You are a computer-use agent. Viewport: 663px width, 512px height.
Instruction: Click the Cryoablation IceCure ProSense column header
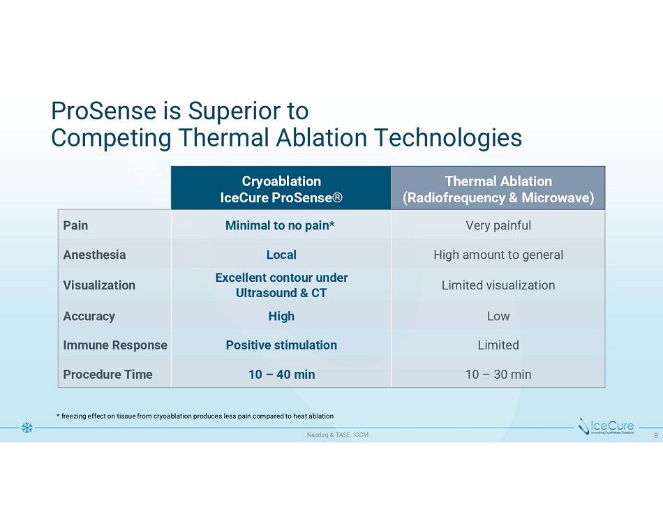coord(281,189)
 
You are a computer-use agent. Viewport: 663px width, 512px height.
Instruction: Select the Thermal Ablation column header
coord(498,189)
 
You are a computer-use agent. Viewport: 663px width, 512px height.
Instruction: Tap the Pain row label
coord(75,225)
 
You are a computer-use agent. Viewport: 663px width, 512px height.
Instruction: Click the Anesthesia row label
coord(94,255)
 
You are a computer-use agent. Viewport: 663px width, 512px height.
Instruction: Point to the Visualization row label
coord(99,285)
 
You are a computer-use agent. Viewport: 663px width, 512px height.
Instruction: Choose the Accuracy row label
coord(89,316)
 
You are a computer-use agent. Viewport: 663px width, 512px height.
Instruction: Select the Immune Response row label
coord(115,345)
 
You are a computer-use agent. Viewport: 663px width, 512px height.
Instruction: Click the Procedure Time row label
coord(107,374)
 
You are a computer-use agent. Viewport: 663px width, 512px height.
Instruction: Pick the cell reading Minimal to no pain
coord(280,225)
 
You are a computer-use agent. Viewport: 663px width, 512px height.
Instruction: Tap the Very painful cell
coord(498,225)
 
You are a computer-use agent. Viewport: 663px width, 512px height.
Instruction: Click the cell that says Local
coord(281,255)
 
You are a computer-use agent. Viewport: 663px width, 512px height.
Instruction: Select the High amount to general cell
coord(498,255)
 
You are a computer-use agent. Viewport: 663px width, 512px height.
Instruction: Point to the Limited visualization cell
coord(498,285)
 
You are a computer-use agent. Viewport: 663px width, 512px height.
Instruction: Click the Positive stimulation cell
coord(281,345)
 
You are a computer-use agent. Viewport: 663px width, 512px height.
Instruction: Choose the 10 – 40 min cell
coord(282,374)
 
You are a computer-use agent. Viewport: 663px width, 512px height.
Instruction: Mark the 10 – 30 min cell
coord(498,374)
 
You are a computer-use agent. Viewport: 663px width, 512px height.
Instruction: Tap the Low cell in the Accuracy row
coord(498,316)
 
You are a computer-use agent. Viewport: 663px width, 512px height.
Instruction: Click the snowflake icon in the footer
coord(27,428)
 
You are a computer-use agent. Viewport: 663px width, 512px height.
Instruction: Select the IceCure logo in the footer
coord(606,426)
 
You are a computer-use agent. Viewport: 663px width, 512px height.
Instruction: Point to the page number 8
coord(656,435)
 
